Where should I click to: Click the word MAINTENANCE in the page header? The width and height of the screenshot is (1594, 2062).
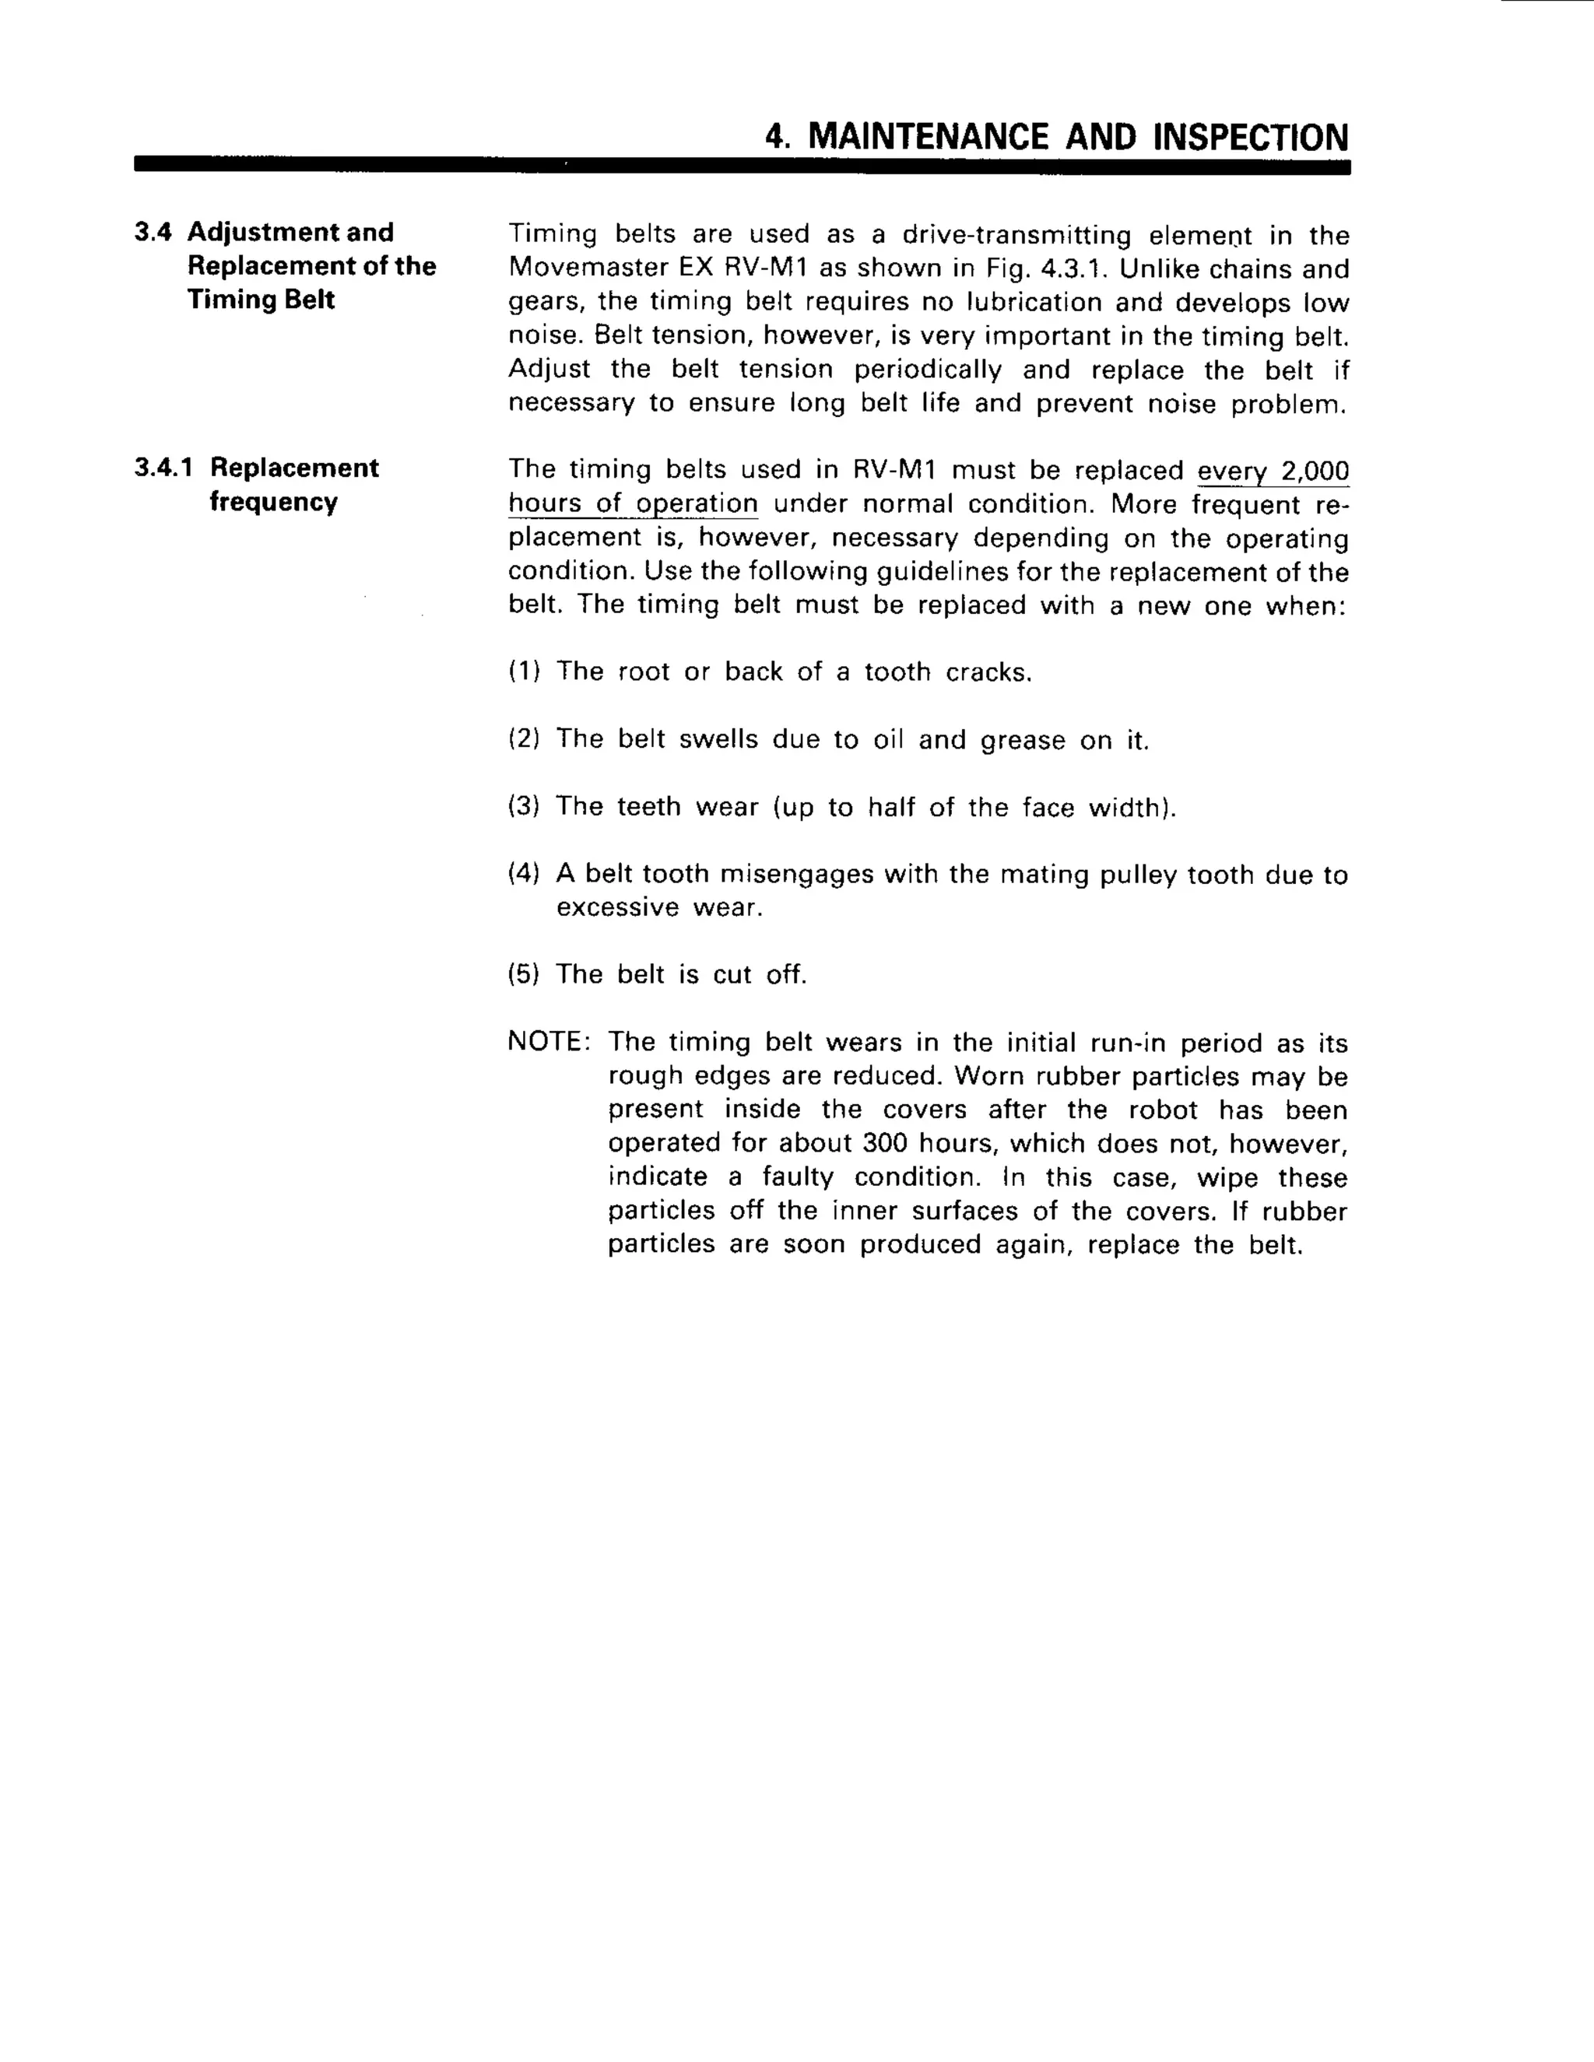pos(929,138)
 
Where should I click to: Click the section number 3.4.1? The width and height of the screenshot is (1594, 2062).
pos(163,468)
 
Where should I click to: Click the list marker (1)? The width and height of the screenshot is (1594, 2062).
pos(524,672)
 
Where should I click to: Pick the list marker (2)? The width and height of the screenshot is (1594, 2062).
pos(524,738)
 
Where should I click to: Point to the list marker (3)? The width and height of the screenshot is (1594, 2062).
pos(524,806)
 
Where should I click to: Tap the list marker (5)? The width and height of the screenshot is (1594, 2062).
pos(524,974)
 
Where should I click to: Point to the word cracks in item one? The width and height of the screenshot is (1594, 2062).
pos(988,672)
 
